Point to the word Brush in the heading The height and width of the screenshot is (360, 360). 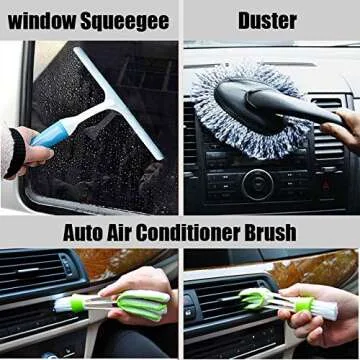tap(269, 233)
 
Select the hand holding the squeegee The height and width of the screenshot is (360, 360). tap(28, 150)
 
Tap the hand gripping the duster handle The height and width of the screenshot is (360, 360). tap(343, 125)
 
